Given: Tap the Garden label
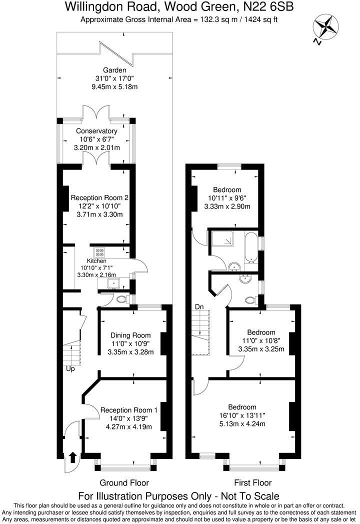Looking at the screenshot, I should [114, 70].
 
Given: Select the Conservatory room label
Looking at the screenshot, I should [96, 131].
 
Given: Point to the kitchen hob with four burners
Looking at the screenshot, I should [99, 252].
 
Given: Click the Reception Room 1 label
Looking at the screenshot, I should [129, 410].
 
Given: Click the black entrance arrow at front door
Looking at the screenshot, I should [73, 456].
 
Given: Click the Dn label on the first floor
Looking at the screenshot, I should [199, 306].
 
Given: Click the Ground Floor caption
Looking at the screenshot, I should [124, 482].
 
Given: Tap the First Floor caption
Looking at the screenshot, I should [252, 482].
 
